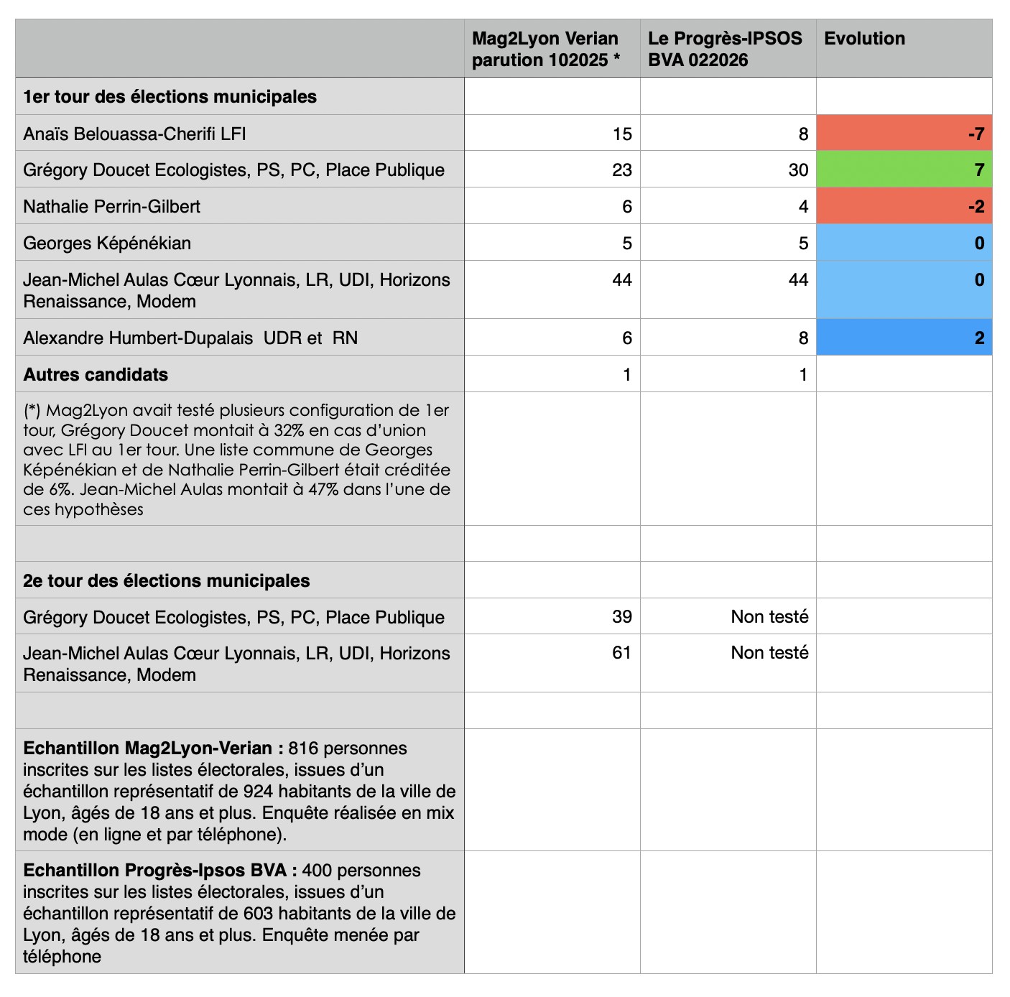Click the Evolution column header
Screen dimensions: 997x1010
tap(864, 39)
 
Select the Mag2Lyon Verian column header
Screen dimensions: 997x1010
tap(545, 49)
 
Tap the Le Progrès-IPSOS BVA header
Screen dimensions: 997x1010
tap(725, 49)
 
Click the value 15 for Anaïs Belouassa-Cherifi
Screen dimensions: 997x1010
tap(622, 134)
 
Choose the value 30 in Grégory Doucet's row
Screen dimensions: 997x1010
tap(798, 170)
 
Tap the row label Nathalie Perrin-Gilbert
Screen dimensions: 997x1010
tap(111, 207)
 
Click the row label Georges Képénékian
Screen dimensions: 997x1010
tap(107, 244)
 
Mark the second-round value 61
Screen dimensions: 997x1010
tap(622, 653)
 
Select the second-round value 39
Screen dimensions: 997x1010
tap(622, 617)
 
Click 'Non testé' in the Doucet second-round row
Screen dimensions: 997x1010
tap(769, 617)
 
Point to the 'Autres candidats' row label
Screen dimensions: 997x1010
tap(96, 375)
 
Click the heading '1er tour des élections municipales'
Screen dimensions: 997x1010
tap(170, 97)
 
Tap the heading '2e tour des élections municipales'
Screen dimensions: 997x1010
tap(167, 581)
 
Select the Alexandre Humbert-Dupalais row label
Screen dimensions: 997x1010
tap(190, 338)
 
